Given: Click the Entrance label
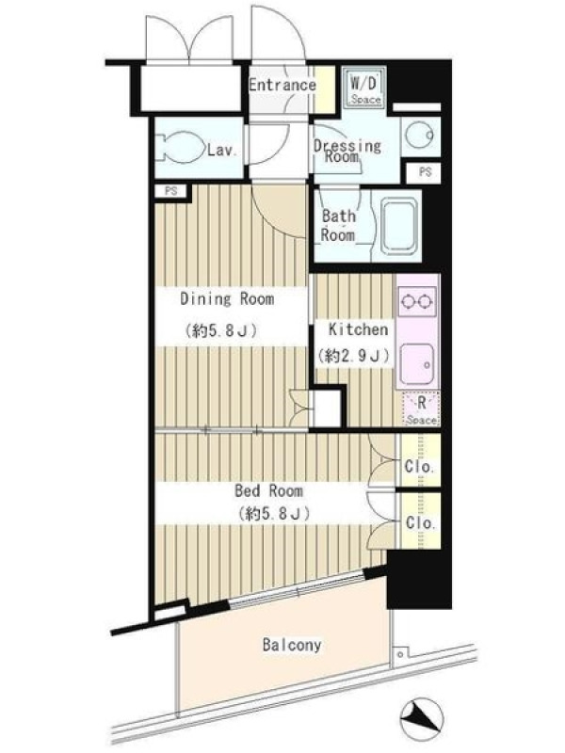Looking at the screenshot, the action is point(282,85).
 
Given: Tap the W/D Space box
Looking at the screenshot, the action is point(365,88).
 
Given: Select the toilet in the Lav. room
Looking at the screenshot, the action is point(181,147).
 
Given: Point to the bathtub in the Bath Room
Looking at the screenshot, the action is point(399,225).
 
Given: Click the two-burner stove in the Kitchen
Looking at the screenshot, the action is point(417,301).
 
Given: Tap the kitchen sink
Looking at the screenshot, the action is point(417,363).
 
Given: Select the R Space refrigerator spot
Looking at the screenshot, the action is point(421,409).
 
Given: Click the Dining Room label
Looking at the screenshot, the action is point(227,299).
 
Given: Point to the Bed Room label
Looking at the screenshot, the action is point(268,490).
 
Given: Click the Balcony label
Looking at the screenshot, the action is point(292,645).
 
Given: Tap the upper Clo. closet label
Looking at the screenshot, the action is point(420,466).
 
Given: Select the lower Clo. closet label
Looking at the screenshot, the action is point(420,522).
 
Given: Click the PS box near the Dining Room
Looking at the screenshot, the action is point(171,191).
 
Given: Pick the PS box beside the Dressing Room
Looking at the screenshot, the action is point(425,172).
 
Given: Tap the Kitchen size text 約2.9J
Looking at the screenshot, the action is point(353,356).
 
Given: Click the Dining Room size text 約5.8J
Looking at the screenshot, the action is point(220,331).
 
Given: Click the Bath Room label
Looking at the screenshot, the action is point(338,225).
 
